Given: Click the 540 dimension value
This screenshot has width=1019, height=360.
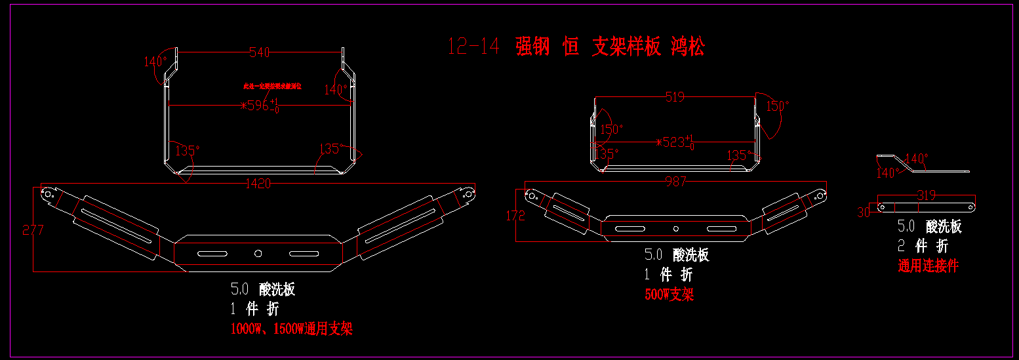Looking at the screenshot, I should point(260,52).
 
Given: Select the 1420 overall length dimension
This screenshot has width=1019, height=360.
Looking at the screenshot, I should point(258,184).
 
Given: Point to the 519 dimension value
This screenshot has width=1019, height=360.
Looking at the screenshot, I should point(674,98).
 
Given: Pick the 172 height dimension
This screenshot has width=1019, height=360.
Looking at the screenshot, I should point(515,215).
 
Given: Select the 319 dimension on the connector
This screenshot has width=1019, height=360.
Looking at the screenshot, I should point(926,195).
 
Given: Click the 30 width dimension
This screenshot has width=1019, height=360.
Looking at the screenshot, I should point(864,212).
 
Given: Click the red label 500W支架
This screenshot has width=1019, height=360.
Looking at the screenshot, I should point(669,294).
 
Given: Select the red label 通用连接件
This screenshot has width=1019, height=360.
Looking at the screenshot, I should point(928,266).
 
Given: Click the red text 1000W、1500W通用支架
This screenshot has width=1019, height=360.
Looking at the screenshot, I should point(291,329).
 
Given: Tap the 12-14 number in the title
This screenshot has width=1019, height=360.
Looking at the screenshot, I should point(473,47).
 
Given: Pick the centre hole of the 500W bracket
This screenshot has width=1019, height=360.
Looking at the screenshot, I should point(676,228).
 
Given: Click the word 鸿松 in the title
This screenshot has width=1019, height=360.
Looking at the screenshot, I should point(687,47).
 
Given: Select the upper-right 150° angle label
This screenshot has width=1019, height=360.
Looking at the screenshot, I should point(778,106).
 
